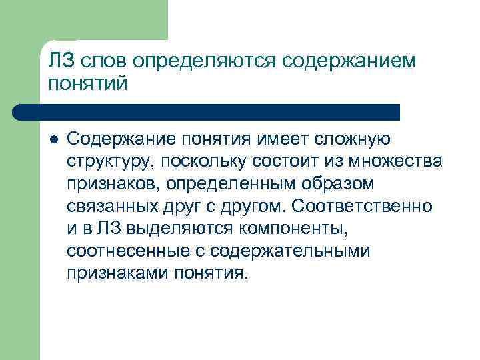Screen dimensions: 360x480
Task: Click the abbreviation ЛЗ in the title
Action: click(x=62, y=61)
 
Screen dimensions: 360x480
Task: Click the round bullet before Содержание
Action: click(x=54, y=139)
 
